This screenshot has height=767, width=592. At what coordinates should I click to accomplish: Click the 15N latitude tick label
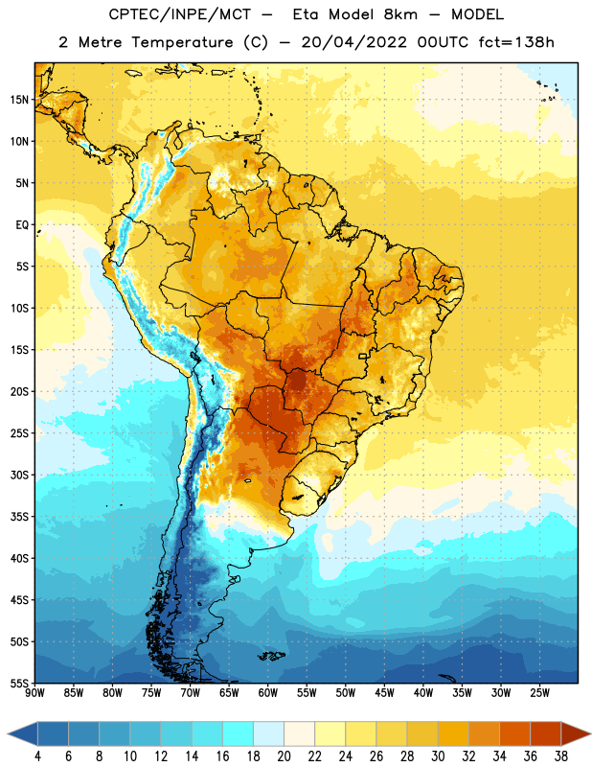[x=19, y=100]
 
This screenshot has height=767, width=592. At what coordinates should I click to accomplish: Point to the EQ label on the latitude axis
[x=22, y=225]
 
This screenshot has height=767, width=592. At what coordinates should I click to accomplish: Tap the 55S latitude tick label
[x=19, y=683]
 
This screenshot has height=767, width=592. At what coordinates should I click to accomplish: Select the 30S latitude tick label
[x=19, y=475]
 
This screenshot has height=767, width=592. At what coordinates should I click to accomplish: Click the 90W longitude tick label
[x=35, y=693]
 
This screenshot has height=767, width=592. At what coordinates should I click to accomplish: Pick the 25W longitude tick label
[x=539, y=693]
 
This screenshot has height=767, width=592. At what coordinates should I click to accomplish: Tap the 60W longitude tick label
[x=268, y=693]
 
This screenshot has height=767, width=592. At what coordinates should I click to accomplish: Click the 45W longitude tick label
[x=384, y=693]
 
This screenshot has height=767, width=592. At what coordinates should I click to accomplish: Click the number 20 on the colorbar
[x=284, y=756]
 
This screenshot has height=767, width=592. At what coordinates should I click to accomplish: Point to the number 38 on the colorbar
[x=561, y=756]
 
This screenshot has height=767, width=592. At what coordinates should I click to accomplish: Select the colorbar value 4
[x=37, y=756]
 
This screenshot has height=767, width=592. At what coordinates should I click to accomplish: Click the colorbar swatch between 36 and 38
[x=546, y=734]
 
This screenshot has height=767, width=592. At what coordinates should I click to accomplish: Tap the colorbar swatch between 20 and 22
[x=299, y=734]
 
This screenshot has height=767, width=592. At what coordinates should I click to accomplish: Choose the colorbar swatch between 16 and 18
[x=238, y=734]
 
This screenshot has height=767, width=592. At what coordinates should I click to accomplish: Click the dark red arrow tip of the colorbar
[x=590, y=734]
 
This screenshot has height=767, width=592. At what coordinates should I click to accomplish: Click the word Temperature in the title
[x=182, y=42]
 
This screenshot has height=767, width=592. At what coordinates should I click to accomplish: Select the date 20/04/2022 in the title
[x=353, y=42]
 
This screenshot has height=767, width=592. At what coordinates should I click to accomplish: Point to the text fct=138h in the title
[x=516, y=42]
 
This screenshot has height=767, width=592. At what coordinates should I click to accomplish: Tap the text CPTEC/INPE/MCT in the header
[x=180, y=14]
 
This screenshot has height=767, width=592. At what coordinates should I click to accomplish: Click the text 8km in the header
[x=400, y=14]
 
